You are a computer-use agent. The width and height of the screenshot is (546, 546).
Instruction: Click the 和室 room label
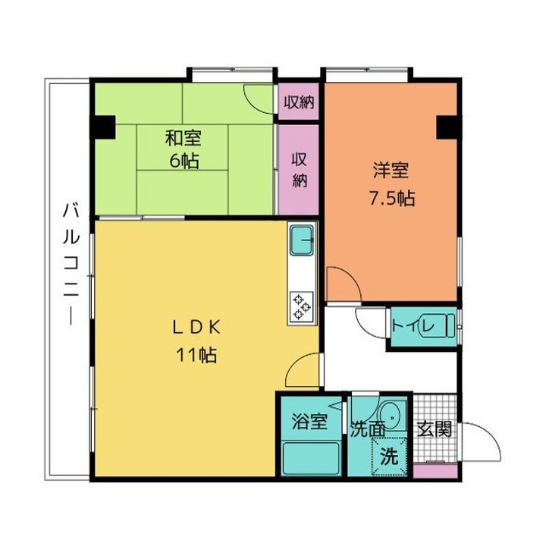[184, 138]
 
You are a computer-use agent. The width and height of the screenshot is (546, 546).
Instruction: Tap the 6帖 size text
[184, 161]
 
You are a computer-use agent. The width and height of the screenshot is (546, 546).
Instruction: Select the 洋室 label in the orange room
[391, 171]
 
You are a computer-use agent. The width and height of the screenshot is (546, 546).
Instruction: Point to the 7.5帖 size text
[392, 199]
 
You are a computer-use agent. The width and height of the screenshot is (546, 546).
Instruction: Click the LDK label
[196, 328]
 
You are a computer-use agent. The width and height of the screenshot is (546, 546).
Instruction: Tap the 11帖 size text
[196, 355]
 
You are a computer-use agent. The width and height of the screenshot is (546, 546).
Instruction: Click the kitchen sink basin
[302, 240]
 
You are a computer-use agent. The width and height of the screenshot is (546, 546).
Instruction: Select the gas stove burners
[302, 306]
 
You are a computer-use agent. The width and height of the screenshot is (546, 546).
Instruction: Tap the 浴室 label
[309, 422]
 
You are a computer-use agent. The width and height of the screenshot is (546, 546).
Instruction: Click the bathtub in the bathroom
[311, 458]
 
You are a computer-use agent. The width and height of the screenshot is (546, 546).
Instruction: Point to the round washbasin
[393, 416]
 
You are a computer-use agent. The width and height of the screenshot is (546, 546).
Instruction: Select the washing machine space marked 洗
[389, 457]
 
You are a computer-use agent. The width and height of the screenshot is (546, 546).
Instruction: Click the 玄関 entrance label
[435, 429]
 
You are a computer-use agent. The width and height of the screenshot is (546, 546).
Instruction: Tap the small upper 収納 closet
[299, 102]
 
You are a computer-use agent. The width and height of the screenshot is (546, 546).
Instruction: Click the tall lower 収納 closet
[299, 170]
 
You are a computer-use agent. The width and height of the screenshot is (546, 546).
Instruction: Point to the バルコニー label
[71, 265]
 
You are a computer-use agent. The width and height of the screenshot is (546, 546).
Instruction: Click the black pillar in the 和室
[103, 127]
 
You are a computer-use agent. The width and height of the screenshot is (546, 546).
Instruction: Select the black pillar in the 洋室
[448, 127]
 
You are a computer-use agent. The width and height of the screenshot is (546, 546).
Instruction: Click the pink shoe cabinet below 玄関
[435, 471]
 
